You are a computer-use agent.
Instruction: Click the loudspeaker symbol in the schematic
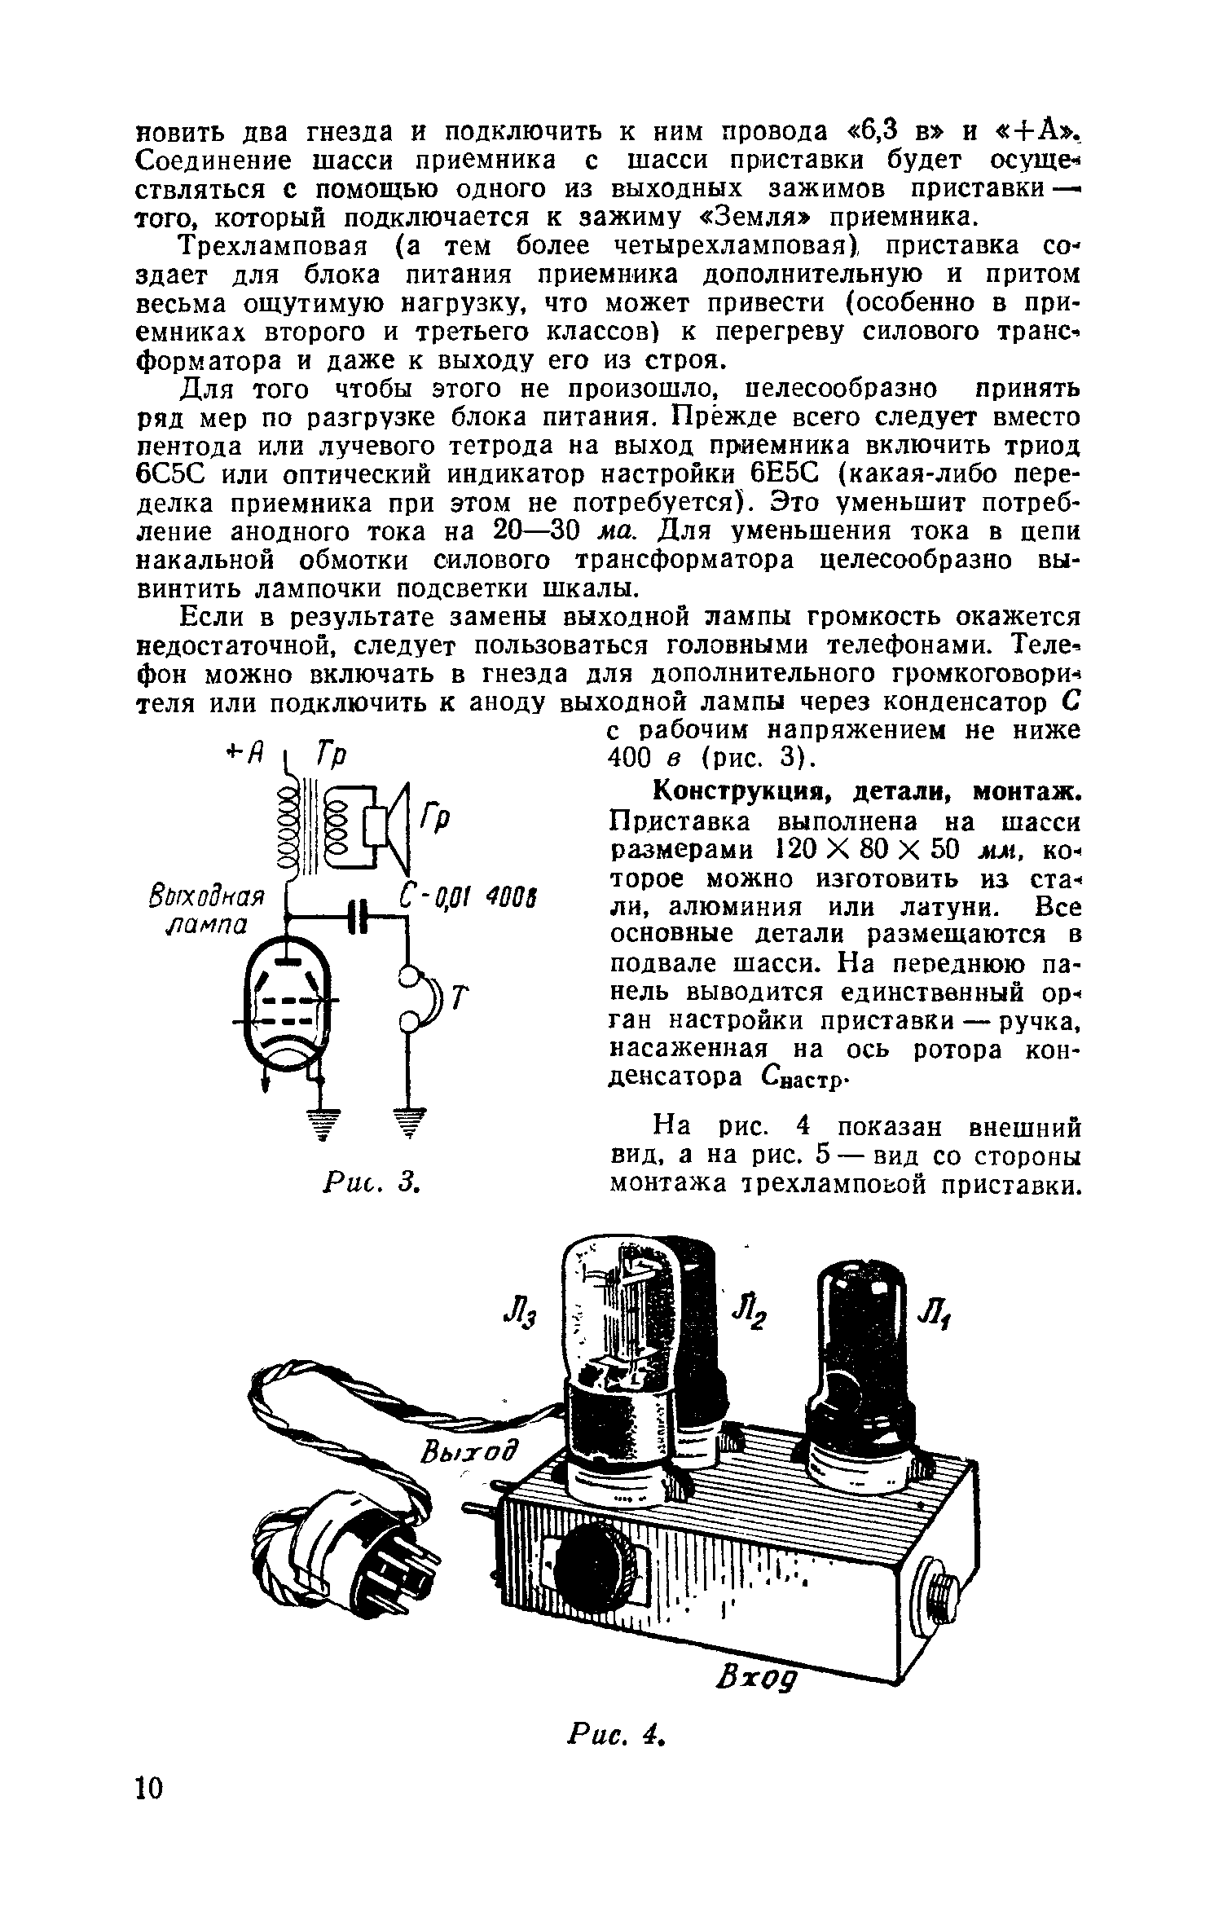coord(391,825)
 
